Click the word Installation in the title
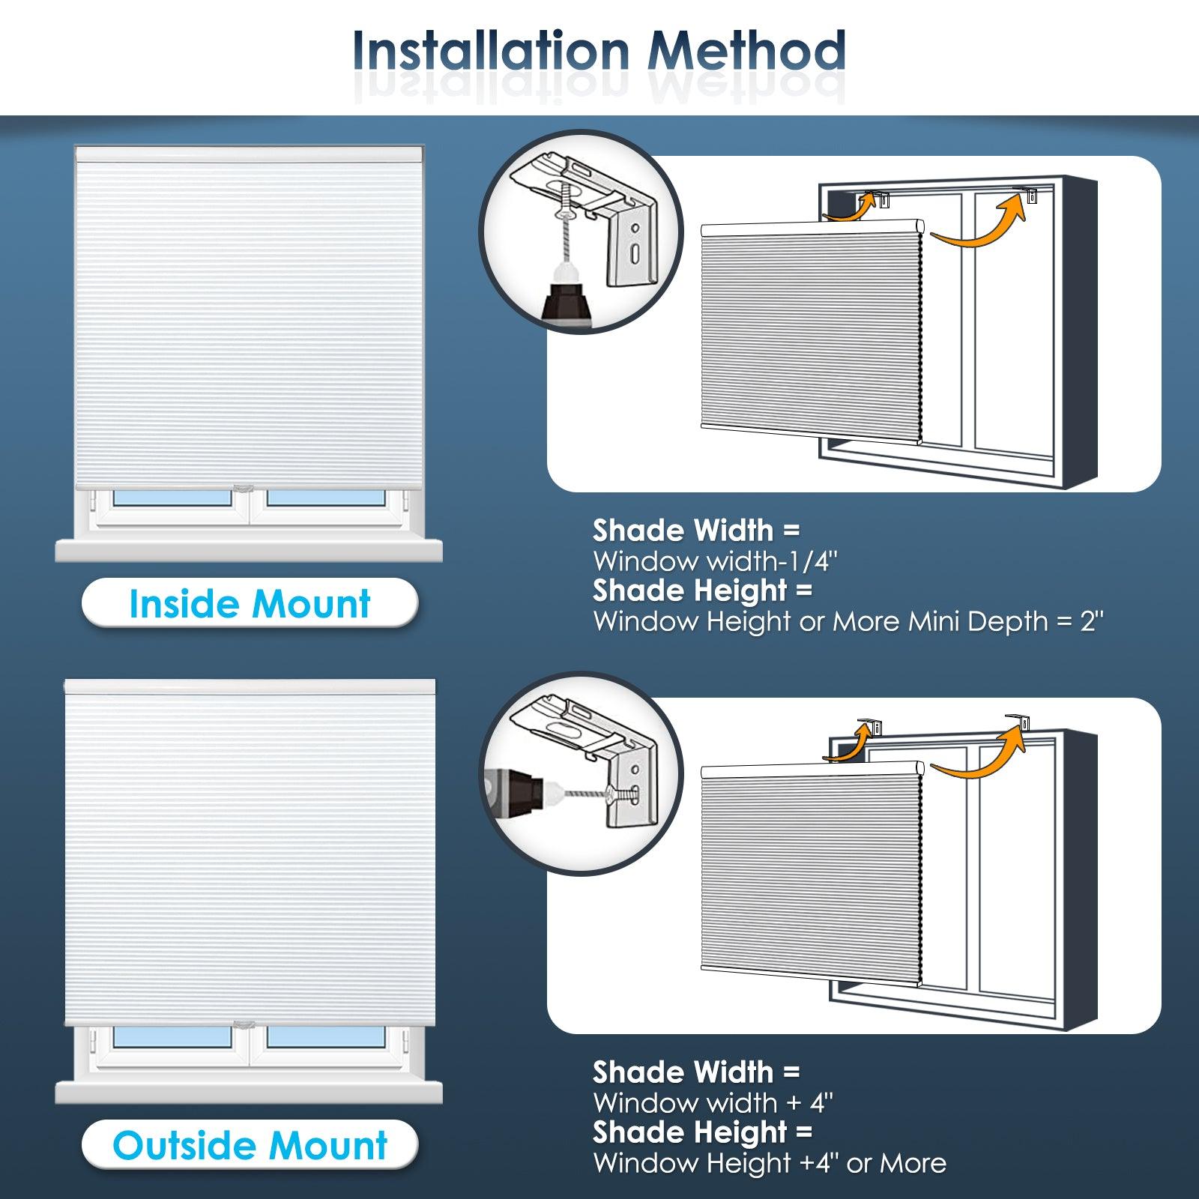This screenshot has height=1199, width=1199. (491, 51)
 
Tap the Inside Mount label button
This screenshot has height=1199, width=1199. (250, 604)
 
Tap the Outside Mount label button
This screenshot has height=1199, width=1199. (250, 1146)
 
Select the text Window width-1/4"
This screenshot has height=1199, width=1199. (715, 561)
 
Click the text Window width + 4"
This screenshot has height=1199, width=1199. (713, 1103)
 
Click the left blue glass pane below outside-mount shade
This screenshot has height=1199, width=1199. (172, 1036)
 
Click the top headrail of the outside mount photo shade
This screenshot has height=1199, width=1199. (250, 686)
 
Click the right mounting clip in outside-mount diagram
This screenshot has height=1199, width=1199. (1021, 721)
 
